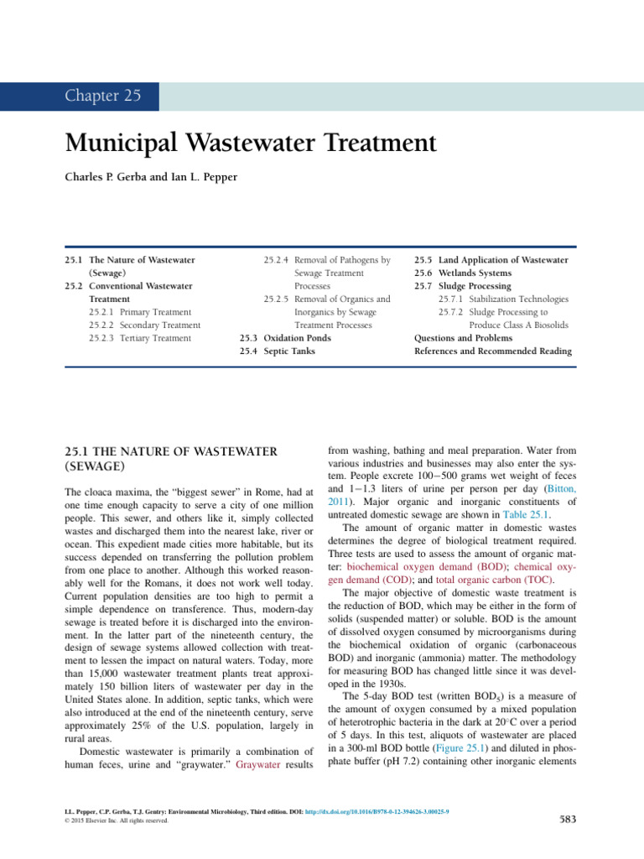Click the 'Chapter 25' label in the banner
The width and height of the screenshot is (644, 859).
pyautogui.click(x=103, y=96)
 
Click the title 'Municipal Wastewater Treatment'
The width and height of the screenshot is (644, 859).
pyautogui.click(x=250, y=143)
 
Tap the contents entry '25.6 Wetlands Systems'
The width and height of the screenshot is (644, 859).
pyautogui.click(x=463, y=273)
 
